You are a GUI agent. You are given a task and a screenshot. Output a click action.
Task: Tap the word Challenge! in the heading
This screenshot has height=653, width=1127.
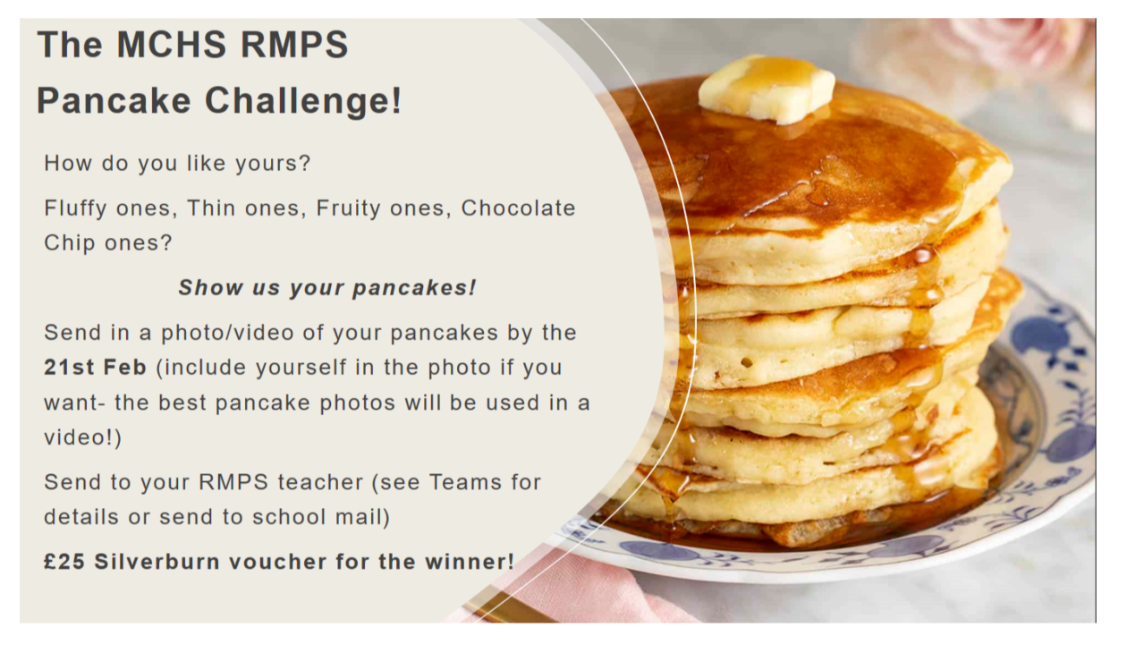coord(303,100)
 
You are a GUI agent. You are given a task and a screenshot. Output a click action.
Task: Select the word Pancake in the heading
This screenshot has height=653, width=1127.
coord(114,100)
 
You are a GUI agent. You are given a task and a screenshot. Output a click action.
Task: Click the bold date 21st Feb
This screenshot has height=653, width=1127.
coord(95,367)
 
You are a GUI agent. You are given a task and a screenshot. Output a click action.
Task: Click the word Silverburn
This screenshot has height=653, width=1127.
coord(157,562)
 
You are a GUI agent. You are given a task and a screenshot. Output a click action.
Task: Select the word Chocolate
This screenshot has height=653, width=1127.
coord(518,208)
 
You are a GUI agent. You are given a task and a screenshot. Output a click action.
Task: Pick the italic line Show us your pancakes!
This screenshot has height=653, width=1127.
coord(327,288)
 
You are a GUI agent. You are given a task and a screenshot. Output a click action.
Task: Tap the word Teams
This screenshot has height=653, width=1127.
coord(465,482)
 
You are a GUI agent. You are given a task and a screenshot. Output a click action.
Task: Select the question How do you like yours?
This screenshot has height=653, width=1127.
coord(178,164)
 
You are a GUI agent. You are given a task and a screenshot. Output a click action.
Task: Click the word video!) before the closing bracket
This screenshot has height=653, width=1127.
coord(83,437)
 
